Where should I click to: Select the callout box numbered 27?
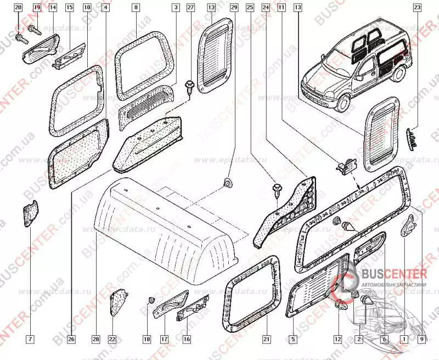[190, 8]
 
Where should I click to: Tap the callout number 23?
[417, 8]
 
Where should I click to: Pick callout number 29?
[234, 8]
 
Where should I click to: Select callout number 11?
[281, 8]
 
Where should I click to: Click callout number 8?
[136, 8]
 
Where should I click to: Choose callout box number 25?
[250, 8]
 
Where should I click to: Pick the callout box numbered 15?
[70, 8]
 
